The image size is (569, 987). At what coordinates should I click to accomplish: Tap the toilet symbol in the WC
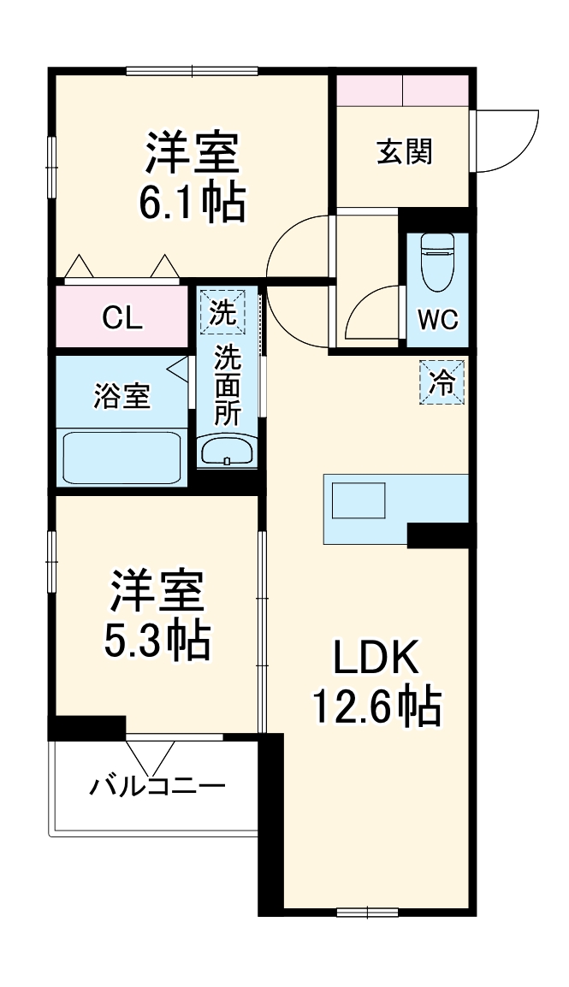(438, 261)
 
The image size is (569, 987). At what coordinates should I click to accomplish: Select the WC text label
(438, 320)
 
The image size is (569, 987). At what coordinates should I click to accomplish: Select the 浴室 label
(122, 396)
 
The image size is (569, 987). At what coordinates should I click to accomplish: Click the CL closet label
(122, 318)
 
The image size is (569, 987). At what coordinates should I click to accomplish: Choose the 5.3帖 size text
(157, 639)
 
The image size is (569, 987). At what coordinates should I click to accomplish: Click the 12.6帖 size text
(376, 706)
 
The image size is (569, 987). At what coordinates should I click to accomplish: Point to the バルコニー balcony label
(157, 784)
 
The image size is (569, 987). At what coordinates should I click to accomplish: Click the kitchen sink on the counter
(359, 501)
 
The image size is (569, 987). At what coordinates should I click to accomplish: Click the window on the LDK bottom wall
(367, 911)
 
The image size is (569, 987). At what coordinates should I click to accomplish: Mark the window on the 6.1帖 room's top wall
(192, 71)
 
